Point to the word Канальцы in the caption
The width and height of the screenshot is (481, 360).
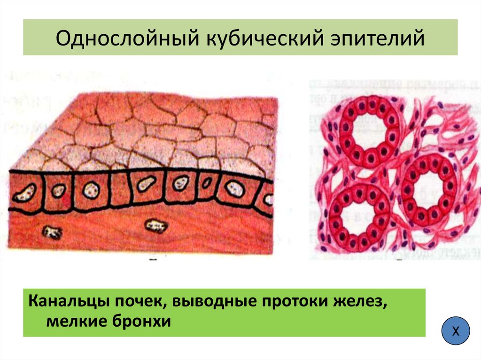[x=68, y=301]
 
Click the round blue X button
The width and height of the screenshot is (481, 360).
[x=456, y=331]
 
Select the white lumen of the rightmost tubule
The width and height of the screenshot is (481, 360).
[x=429, y=189]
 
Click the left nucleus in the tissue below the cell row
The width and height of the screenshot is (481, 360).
[x=52, y=231]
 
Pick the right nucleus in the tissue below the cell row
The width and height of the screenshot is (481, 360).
[x=156, y=227]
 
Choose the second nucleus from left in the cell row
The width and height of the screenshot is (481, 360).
[x=59, y=191]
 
